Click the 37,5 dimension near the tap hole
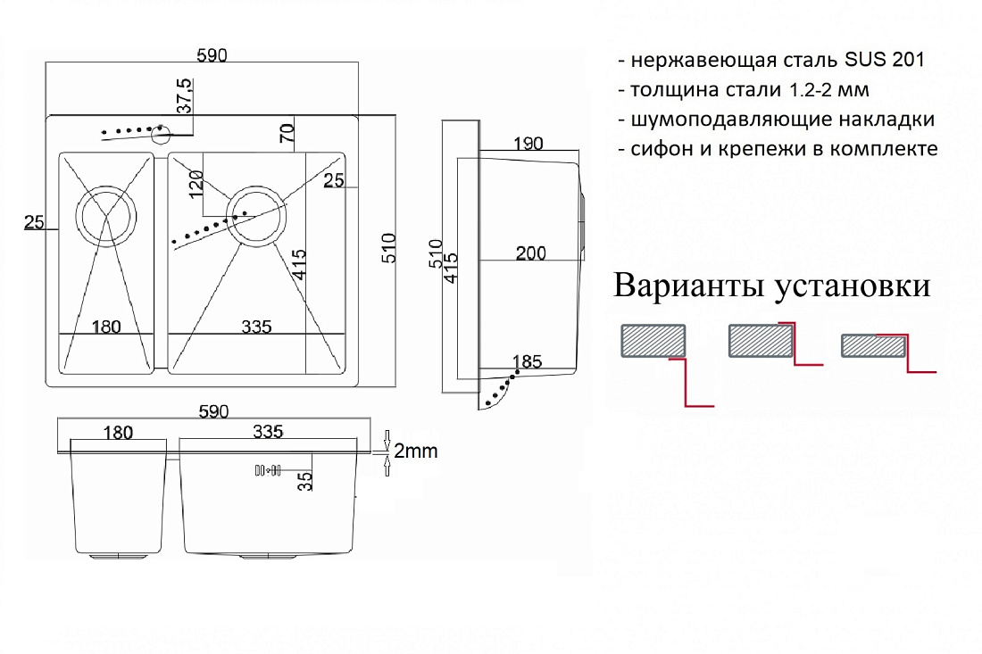point(185,95)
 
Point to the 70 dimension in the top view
point(287,133)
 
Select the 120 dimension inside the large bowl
point(196,184)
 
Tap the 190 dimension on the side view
point(528,144)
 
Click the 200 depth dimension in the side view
point(530,253)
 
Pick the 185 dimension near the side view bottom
point(527,361)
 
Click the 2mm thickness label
point(415,451)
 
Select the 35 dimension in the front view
point(305,481)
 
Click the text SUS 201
point(885,60)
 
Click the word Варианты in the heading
point(689,285)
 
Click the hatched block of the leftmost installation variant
point(653,341)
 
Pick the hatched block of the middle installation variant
point(761,341)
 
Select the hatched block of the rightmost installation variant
point(874,346)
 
